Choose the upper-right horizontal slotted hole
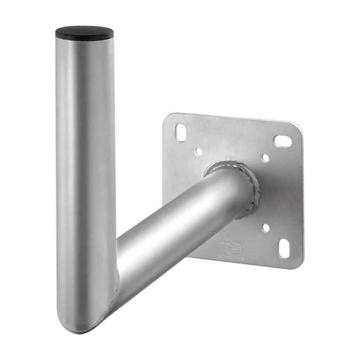coord(283,140)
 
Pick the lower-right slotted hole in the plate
coord(284,248)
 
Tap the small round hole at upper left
coord(199,152)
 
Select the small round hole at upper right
coord(265,158)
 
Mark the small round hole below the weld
coord(266,228)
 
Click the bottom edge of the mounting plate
coord(244,264)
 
